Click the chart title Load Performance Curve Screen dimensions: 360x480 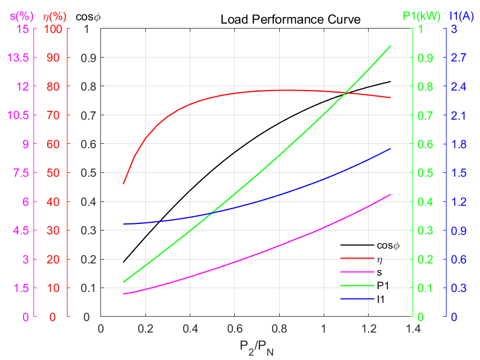[290, 20]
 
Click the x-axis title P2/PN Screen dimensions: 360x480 [256, 347]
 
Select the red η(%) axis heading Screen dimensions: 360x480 [53, 16]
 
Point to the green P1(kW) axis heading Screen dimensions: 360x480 [421, 16]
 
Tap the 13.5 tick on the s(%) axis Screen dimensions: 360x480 [19, 58]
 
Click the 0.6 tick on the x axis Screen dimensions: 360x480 [234, 329]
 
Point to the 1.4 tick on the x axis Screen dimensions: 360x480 [413, 329]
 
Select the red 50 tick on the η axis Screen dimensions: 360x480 [55, 173]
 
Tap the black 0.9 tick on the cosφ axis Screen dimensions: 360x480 [87, 58]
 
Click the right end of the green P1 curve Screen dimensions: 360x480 [391, 46]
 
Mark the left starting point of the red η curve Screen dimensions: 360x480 [123, 184]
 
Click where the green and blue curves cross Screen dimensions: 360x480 [212, 212]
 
